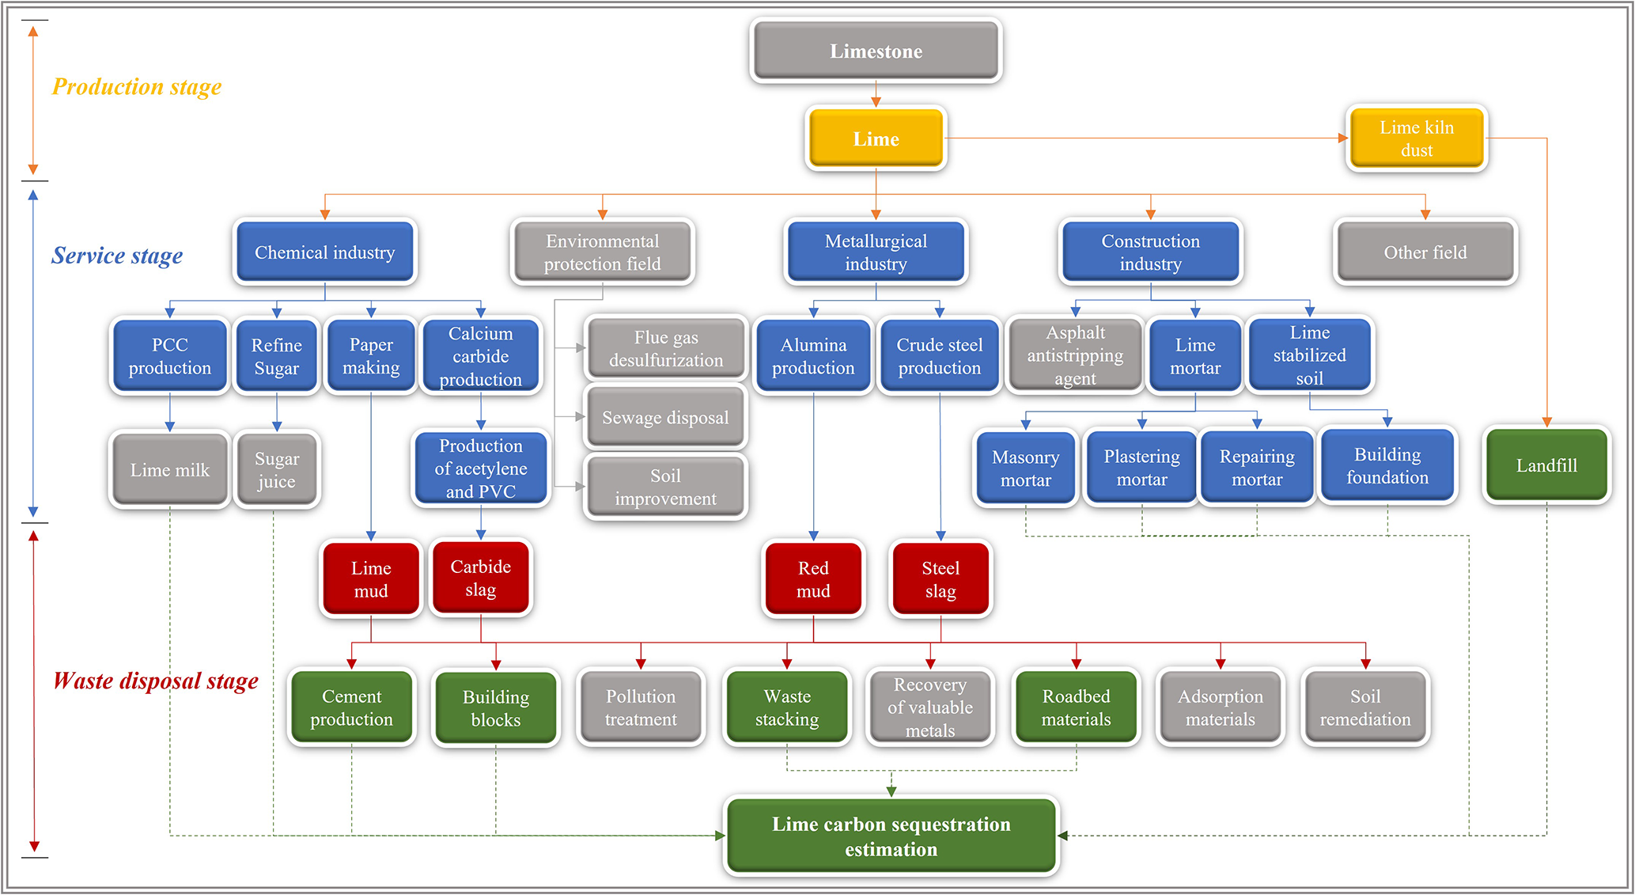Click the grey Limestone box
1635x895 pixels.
point(876,51)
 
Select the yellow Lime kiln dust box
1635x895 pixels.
point(1416,138)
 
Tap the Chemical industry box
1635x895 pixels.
point(324,252)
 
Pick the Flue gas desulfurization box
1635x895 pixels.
point(665,348)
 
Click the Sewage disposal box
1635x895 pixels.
point(665,417)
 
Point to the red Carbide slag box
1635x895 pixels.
point(480,578)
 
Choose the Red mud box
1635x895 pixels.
point(813,579)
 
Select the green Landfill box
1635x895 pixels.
point(1546,465)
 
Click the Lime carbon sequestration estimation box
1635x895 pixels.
point(891,836)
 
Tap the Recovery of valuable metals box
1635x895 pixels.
point(929,707)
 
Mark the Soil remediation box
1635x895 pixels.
point(1364,707)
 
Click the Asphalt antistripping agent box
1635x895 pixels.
point(1075,355)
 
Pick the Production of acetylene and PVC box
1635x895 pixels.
point(480,468)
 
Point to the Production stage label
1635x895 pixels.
point(136,86)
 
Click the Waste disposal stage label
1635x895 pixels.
point(155,681)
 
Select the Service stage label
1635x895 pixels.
point(116,256)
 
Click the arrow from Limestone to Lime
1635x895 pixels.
point(876,93)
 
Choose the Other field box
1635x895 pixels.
point(1425,252)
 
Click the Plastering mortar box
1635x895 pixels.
point(1141,468)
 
